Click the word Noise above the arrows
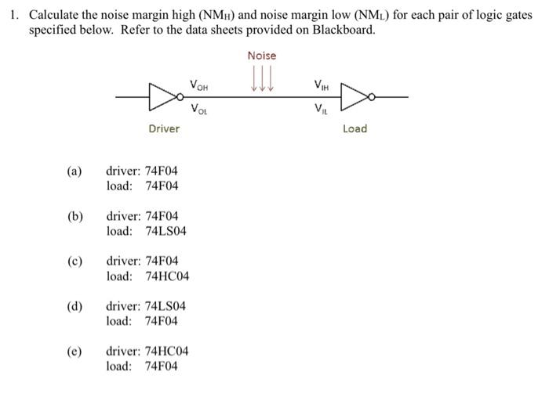pyautogui.click(x=262, y=56)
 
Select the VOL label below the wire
pyautogui.click(x=199, y=110)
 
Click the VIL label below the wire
pyautogui.click(x=321, y=109)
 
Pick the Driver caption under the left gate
pyautogui.click(x=164, y=128)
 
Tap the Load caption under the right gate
pyautogui.click(x=354, y=128)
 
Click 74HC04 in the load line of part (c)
pyautogui.click(x=167, y=276)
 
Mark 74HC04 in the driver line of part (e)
pyautogui.click(x=166, y=351)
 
